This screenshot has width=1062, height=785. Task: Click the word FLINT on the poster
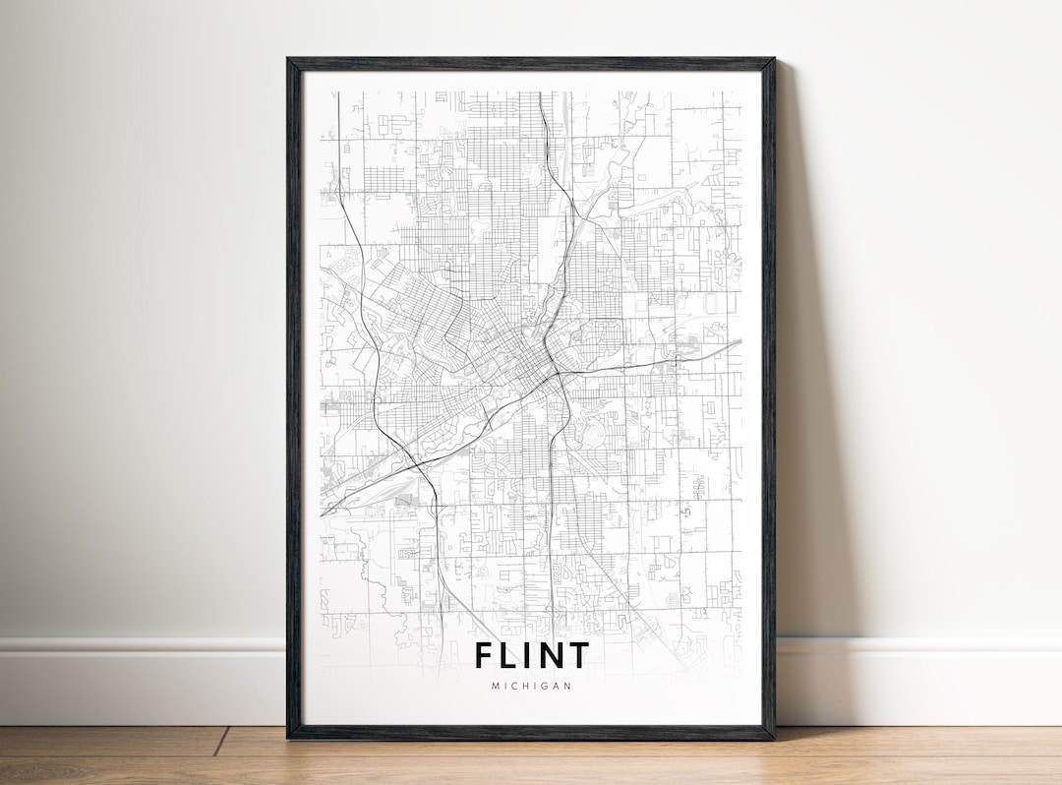(532, 655)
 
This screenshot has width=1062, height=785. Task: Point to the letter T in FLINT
(578, 655)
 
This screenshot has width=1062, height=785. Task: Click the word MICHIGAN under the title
(532, 686)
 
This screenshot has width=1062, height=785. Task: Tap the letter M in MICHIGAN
(495, 686)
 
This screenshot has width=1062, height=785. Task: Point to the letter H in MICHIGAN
(526, 686)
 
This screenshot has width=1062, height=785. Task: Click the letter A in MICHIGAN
(557, 686)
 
